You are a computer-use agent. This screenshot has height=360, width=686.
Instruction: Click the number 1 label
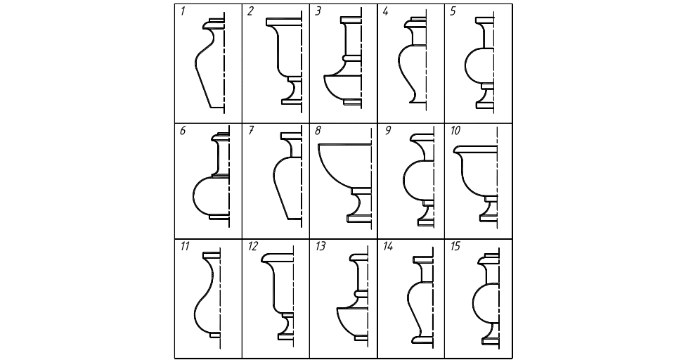click(x=183, y=11)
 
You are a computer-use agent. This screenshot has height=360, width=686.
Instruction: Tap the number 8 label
click(x=318, y=130)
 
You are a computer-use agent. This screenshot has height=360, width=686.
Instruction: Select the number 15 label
click(x=455, y=246)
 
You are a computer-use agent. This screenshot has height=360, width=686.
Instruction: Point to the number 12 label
click(x=252, y=246)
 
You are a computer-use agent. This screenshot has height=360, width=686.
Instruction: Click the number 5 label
click(x=453, y=11)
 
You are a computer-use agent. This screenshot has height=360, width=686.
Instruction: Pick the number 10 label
click(x=455, y=130)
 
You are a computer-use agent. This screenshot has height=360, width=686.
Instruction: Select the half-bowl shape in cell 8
click(x=344, y=164)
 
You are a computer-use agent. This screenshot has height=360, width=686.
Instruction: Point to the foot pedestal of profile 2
click(x=292, y=91)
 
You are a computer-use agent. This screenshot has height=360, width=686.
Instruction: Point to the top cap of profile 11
click(x=212, y=255)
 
